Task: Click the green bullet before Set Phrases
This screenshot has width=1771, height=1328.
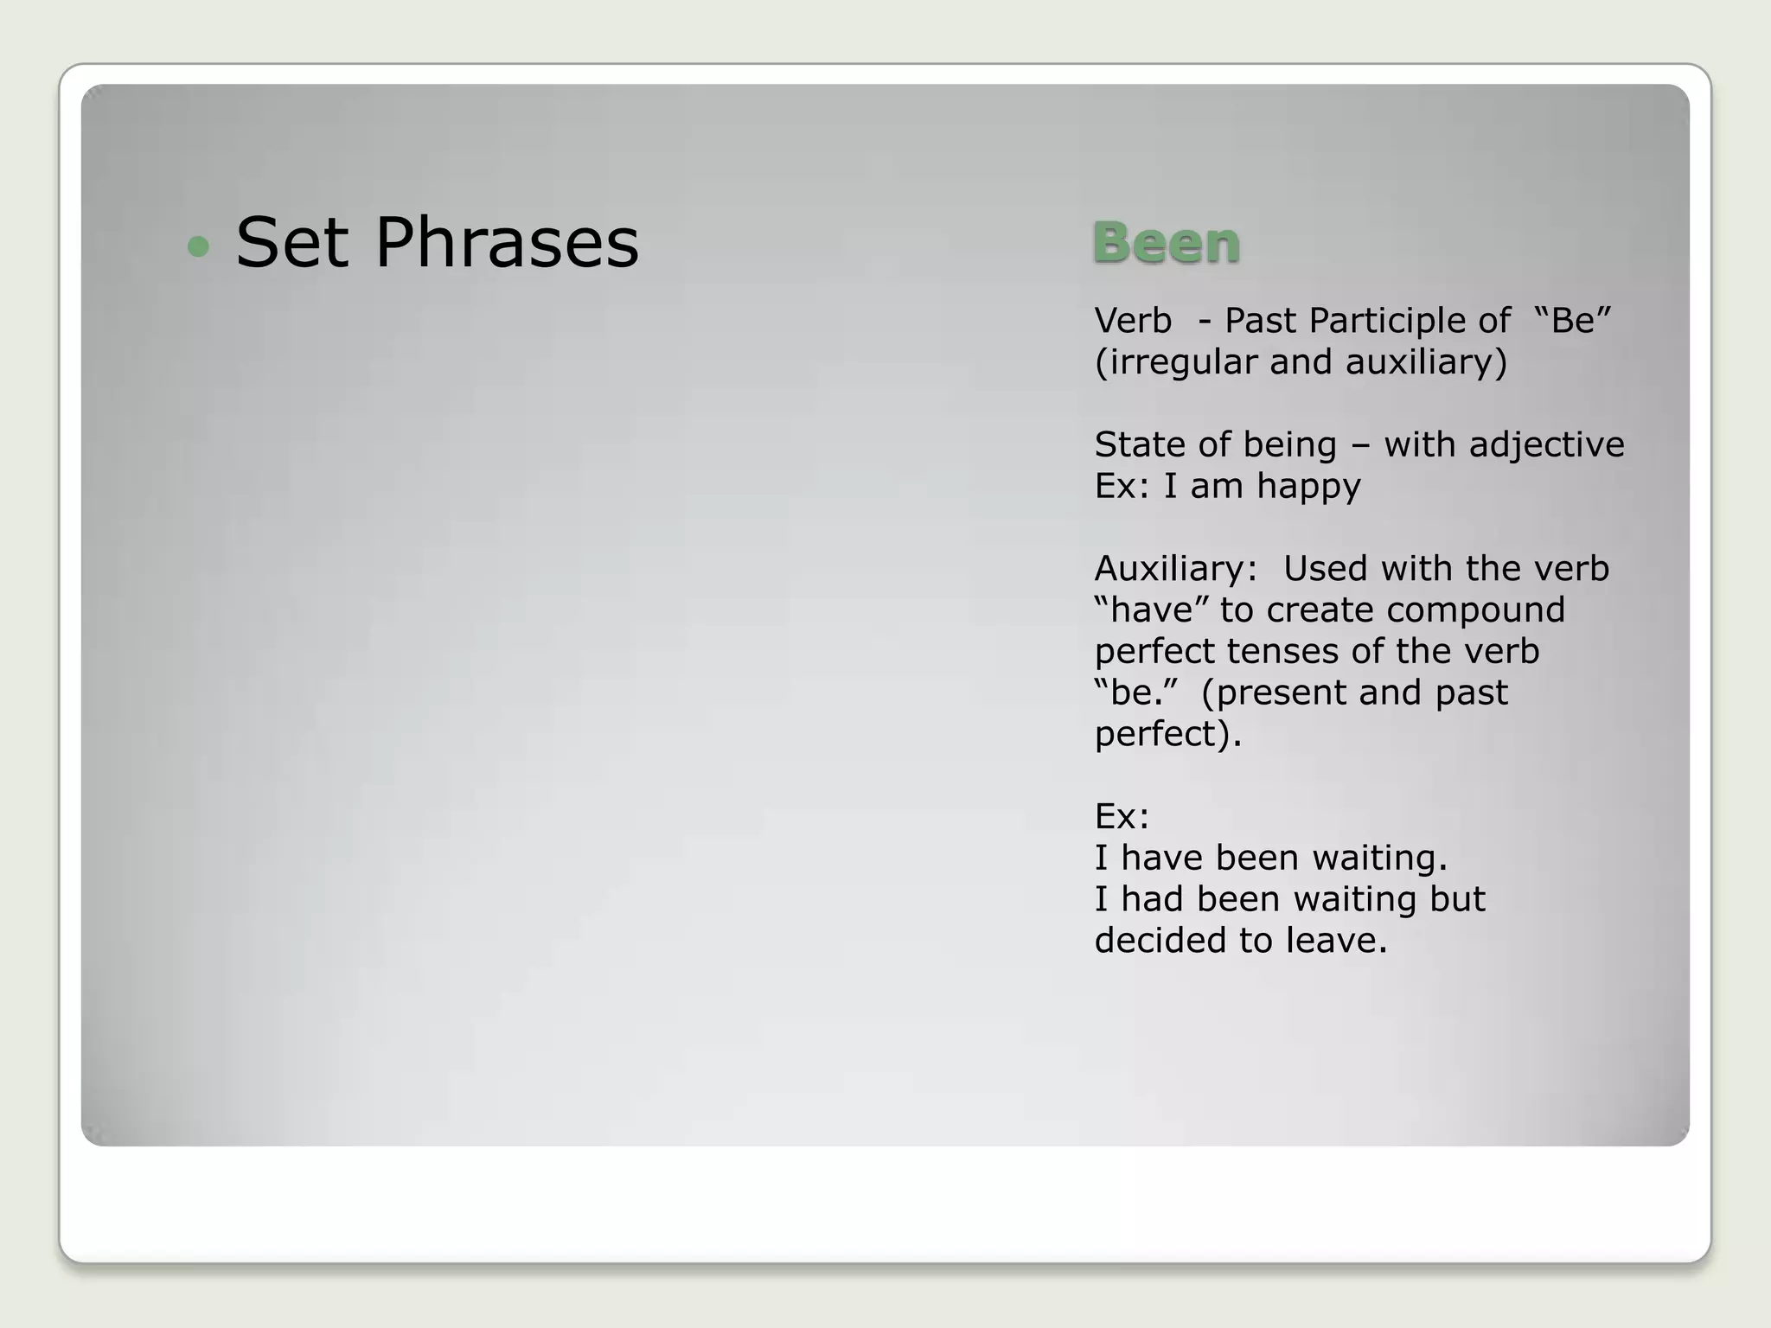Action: (198, 246)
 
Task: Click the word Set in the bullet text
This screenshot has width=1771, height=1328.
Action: (291, 243)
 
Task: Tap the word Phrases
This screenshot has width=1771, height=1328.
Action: (507, 243)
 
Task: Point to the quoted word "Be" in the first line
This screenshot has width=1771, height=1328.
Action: (1573, 320)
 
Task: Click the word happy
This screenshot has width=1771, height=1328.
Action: (1308, 487)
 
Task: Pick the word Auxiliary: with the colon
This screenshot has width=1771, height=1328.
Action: (1175, 569)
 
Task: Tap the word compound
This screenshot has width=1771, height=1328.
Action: (1475, 610)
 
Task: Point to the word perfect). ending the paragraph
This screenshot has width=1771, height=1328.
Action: (1167, 734)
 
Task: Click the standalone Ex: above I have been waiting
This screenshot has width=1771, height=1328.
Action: (1122, 816)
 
